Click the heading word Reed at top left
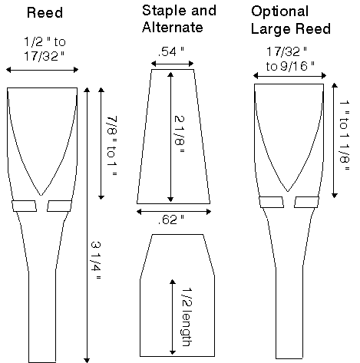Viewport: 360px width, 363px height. coord(45,12)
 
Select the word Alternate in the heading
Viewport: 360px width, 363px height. coord(173,27)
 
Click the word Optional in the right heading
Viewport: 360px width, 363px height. coord(279,12)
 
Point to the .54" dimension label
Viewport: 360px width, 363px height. coord(170,51)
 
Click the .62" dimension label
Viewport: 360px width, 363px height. coord(170,219)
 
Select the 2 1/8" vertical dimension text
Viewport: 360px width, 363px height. coord(179,134)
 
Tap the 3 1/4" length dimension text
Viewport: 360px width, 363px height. coord(96,260)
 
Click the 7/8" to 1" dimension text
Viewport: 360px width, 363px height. coord(112,146)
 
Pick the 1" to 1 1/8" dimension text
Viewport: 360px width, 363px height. coord(345,136)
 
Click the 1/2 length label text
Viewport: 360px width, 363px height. coord(187,317)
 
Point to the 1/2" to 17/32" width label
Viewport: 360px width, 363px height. coord(45,48)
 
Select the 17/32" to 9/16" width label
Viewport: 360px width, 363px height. coord(290,59)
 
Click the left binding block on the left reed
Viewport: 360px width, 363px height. coord(25,206)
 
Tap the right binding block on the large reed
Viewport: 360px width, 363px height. coord(306,202)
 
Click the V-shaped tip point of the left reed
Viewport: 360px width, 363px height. coord(41,196)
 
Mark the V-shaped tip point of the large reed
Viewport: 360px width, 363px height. coord(288,191)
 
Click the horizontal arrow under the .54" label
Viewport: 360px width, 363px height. coord(172,64)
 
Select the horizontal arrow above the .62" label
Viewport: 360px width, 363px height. coord(173,212)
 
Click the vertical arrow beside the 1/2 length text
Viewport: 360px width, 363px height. coord(173,317)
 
